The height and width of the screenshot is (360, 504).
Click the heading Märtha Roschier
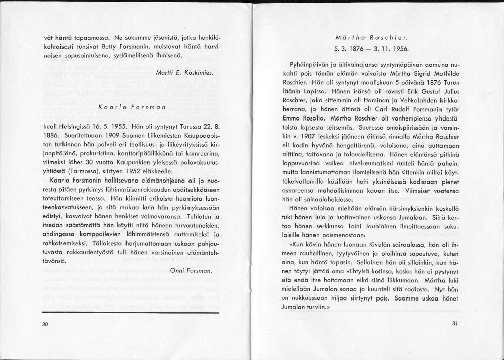pyautogui.click(x=371, y=38)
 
